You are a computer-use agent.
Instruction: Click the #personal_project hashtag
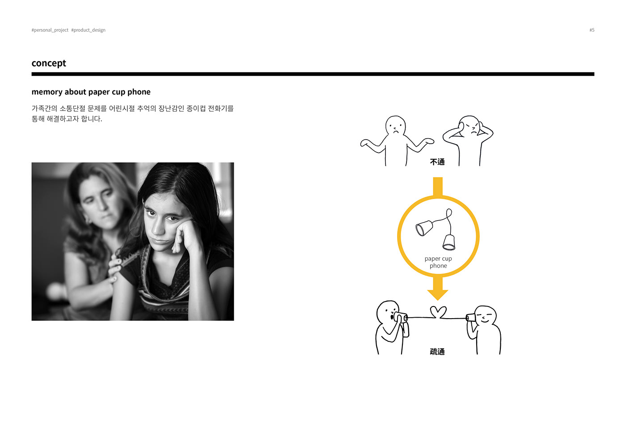(50, 30)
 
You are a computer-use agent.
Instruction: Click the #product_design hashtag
(88, 30)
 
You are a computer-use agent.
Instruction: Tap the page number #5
(592, 30)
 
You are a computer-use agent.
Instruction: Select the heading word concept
(49, 63)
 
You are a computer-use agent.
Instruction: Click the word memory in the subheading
(47, 92)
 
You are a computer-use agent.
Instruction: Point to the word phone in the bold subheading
(139, 92)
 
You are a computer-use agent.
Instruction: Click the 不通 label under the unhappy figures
(437, 162)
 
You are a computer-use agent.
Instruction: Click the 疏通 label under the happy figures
(437, 352)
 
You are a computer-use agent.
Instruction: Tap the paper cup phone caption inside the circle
(438, 262)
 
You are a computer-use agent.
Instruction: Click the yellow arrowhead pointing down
(438, 294)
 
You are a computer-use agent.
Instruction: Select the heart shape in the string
(438, 311)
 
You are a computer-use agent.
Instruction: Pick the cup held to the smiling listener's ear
(470, 317)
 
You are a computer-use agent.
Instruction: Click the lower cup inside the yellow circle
(449, 242)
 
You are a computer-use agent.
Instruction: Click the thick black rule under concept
(313, 74)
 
